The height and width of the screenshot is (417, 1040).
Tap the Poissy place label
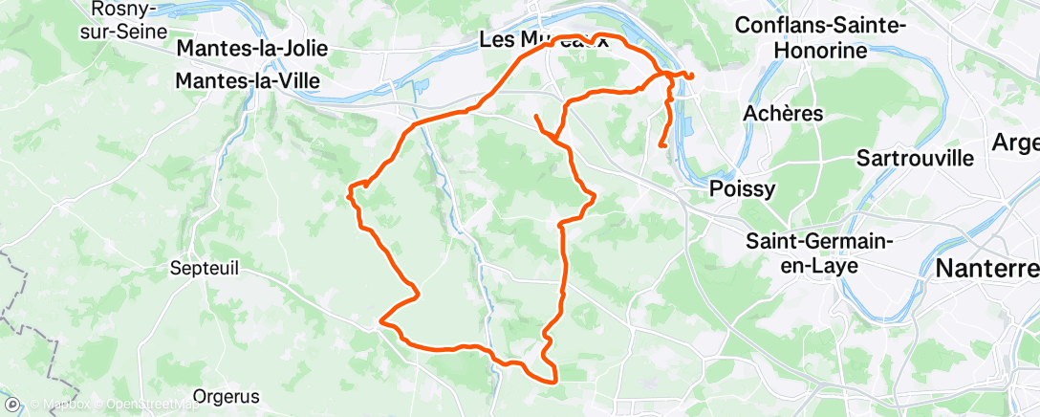[x=743, y=188]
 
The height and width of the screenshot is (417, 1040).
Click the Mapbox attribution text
[x=65, y=406]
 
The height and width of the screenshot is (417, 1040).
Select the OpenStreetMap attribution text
[x=152, y=406]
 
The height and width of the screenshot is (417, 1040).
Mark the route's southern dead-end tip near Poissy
[x=661, y=145]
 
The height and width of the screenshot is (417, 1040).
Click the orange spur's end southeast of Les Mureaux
[x=536, y=116]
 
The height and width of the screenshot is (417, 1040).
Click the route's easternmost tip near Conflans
[x=692, y=76]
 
